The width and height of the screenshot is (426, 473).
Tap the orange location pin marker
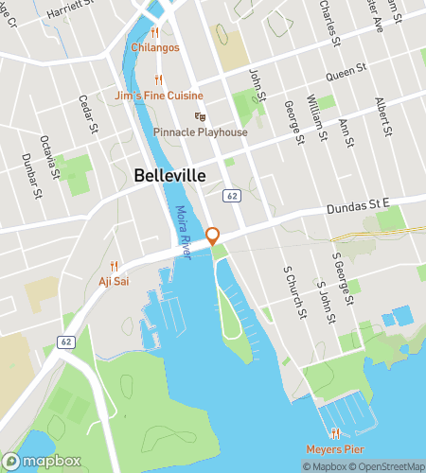(x=213, y=236)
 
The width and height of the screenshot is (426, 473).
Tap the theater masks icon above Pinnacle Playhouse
(x=200, y=116)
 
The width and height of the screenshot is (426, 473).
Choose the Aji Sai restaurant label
(x=113, y=281)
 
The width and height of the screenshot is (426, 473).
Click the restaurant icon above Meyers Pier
(x=334, y=432)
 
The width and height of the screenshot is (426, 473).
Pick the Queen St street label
(x=346, y=70)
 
